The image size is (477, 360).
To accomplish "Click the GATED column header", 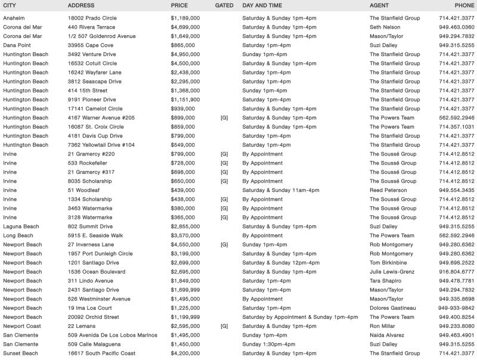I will tap(224, 5).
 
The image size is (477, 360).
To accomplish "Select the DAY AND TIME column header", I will tap(262, 5).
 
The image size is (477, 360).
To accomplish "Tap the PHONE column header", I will tap(464, 5).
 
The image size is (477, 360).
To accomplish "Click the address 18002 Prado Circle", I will tap(92, 18).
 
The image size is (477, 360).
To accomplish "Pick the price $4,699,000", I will tap(185, 27).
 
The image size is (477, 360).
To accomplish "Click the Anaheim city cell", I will tap(14, 18).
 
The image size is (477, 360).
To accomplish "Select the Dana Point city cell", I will tap(17, 45).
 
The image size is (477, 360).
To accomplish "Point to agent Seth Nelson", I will tap(386, 27).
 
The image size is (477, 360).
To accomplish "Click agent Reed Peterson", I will tap(391, 190).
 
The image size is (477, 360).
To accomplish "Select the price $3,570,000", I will tap(185, 235).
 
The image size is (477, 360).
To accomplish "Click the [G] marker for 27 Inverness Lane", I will tap(224, 244).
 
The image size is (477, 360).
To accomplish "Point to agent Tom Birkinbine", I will tap(391, 263).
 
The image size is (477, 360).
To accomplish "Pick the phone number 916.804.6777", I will tap(457, 272).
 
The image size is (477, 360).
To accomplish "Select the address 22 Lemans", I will tap(83, 326).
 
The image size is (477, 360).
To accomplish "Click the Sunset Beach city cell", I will tap(20, 353).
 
